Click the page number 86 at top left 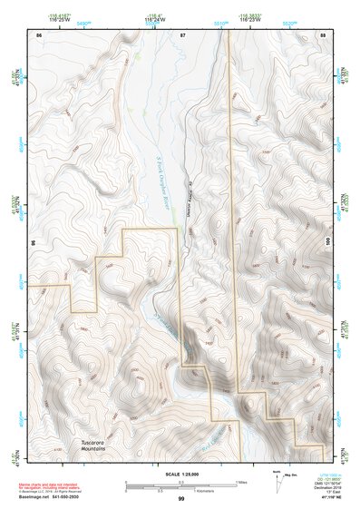pyautogui.click(x=38, y=34)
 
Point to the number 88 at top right pyautogui.click(x=324, y=34)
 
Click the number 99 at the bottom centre pyautogui.click(x=181, y=499)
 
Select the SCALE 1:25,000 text pyautogui.click(x=180, y=473)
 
